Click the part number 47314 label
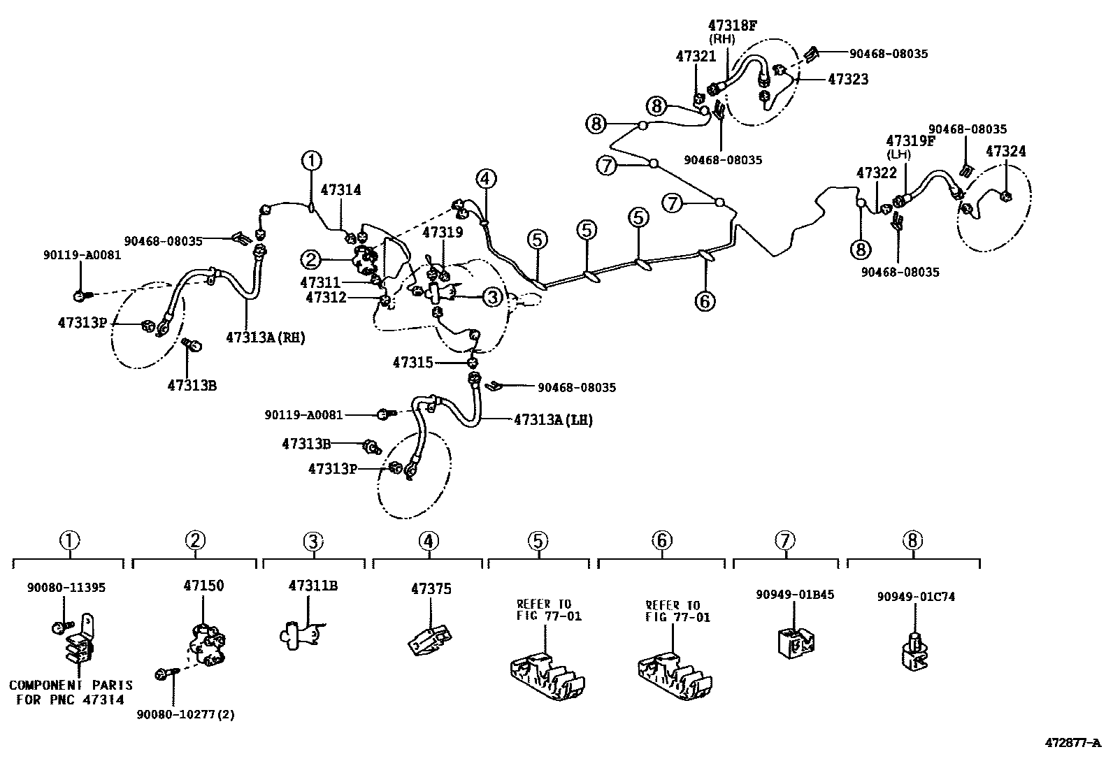click(x=340, y=189)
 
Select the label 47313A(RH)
click(x=266, y=338)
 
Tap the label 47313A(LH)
click(x=553, y=420)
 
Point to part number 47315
click(x=412, y=363)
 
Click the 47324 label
click(x=1005, y=151)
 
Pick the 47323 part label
click(x=848, y=80)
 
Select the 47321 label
click(x=696, y=57)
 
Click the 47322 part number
click(x=876, y=173)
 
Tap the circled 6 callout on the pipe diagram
click(x=705, y=301)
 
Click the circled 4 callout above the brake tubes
click(x=487, y=179)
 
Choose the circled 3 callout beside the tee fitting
click(x=493, y=297)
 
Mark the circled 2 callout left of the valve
click(x=311, y=261)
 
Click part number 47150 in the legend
click(x=203, y=586)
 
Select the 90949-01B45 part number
click(x=795, y=595)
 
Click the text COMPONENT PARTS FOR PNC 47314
click(x=71, y=693)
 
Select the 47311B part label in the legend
click(x=313, y=586)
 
